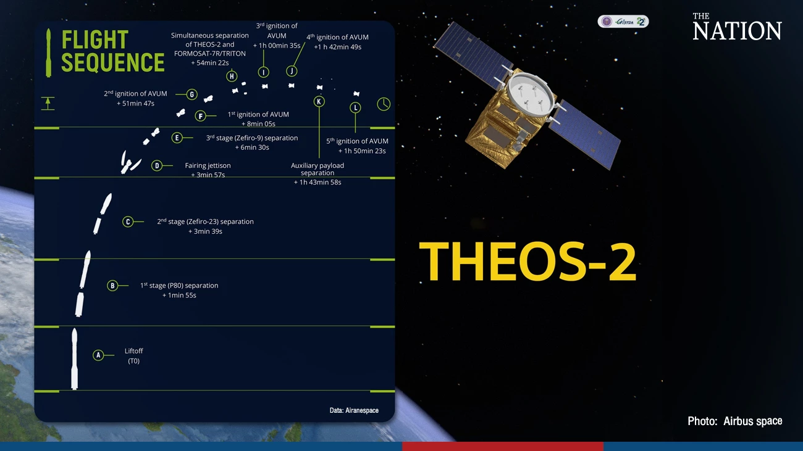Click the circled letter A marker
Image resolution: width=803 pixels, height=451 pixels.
[x=98, y=355]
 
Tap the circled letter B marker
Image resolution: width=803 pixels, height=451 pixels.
[x=112, y=286]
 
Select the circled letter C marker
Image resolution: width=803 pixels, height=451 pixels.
[x=128, y=221]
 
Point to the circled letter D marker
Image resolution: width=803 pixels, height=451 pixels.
[x=157, y=165]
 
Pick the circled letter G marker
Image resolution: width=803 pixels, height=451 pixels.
[x=192, y=94]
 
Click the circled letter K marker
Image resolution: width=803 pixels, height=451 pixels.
[x=319, y=101]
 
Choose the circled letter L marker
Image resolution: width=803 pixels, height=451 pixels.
[x=355, y=108]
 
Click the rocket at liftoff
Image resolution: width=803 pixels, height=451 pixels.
[x=74, y=359]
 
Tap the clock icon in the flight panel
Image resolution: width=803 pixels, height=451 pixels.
[x=384, y=104]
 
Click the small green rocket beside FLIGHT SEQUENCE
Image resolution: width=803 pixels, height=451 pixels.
[x=49, y=52]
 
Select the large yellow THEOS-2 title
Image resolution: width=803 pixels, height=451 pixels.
[x=528, y=262]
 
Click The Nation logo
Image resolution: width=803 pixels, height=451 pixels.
[x=736, y=27]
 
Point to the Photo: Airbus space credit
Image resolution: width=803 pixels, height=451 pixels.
[x=734, y=421]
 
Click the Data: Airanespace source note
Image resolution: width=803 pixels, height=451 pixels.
[x=354, y=410]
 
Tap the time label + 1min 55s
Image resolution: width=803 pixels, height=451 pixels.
[x=179, y=296]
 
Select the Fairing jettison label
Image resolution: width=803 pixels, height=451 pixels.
[x=208, y=165]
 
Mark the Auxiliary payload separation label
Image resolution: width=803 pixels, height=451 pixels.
[x=317, y=169]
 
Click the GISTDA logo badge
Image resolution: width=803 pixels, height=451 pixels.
[x=623, y=22]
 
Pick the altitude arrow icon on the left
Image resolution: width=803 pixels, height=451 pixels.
[x=48, y=103]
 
